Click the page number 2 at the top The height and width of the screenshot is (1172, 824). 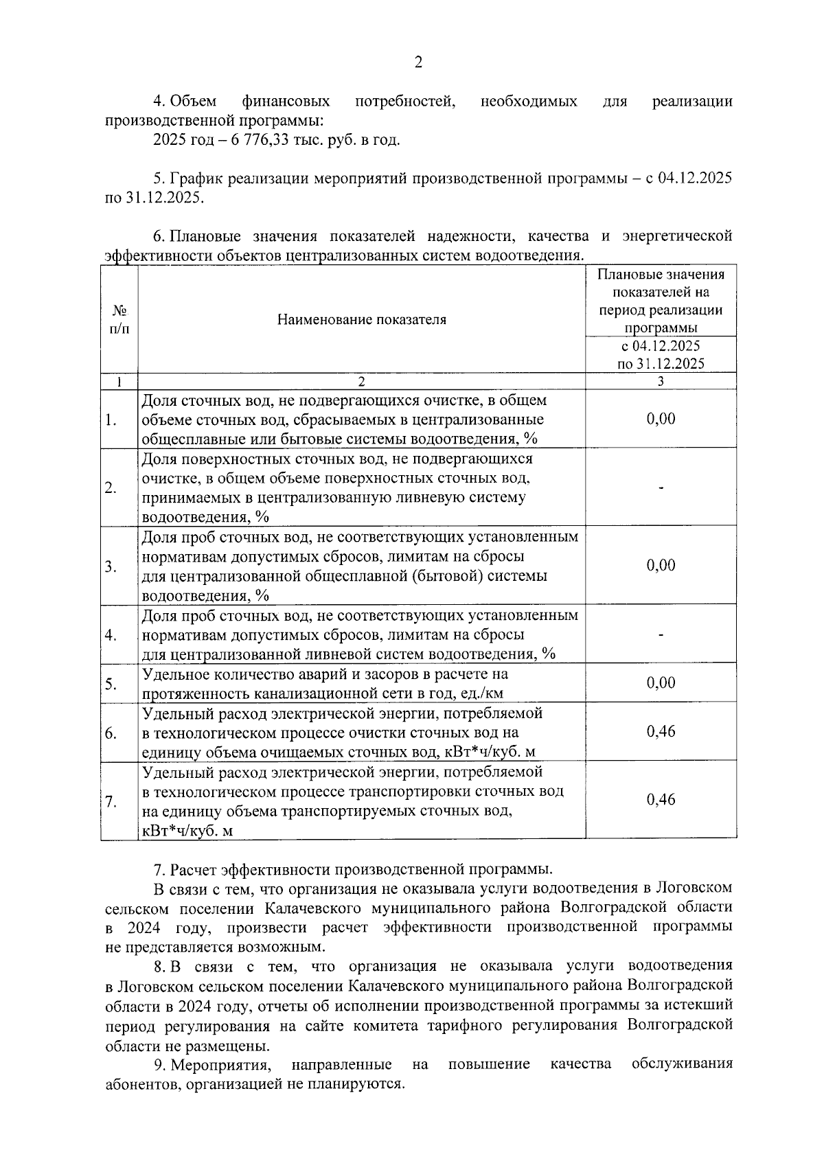(x=418, y=62)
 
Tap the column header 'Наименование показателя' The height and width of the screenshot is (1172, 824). (x=361, y=320)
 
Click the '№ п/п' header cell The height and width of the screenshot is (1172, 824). (x=119, y=320)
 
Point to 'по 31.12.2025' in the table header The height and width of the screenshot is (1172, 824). (x=661, y=364)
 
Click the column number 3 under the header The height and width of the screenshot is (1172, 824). (x=661, y=382)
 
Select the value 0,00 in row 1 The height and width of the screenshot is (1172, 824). (x=661, y=419)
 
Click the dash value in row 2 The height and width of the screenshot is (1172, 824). (x=661, y=487)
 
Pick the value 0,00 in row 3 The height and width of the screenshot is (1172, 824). (x=661, y=565)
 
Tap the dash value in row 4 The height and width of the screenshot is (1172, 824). (x=661, y=635)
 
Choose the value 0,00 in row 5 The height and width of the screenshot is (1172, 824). (x=661, y=682)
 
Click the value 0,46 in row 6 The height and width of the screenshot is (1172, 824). (x=661, y=732)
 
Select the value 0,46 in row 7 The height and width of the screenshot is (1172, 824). (x=661, y=800)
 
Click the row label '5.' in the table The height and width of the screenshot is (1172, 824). (x=111, y=684)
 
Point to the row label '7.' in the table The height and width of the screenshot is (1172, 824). (x=111, y=801)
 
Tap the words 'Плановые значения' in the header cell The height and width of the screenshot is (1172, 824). (x=661, y=275)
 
